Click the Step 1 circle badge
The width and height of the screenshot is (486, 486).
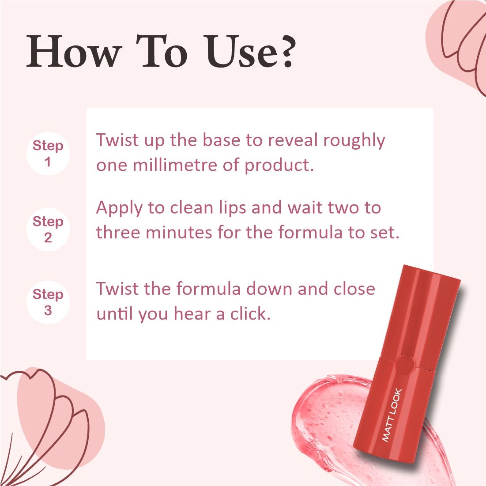[x=48, y=153]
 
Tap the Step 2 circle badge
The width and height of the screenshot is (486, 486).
[x=48, y=229]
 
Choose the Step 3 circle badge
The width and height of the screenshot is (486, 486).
[x=48, y=302]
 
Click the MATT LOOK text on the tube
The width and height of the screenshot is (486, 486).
[x=392, y=414]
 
